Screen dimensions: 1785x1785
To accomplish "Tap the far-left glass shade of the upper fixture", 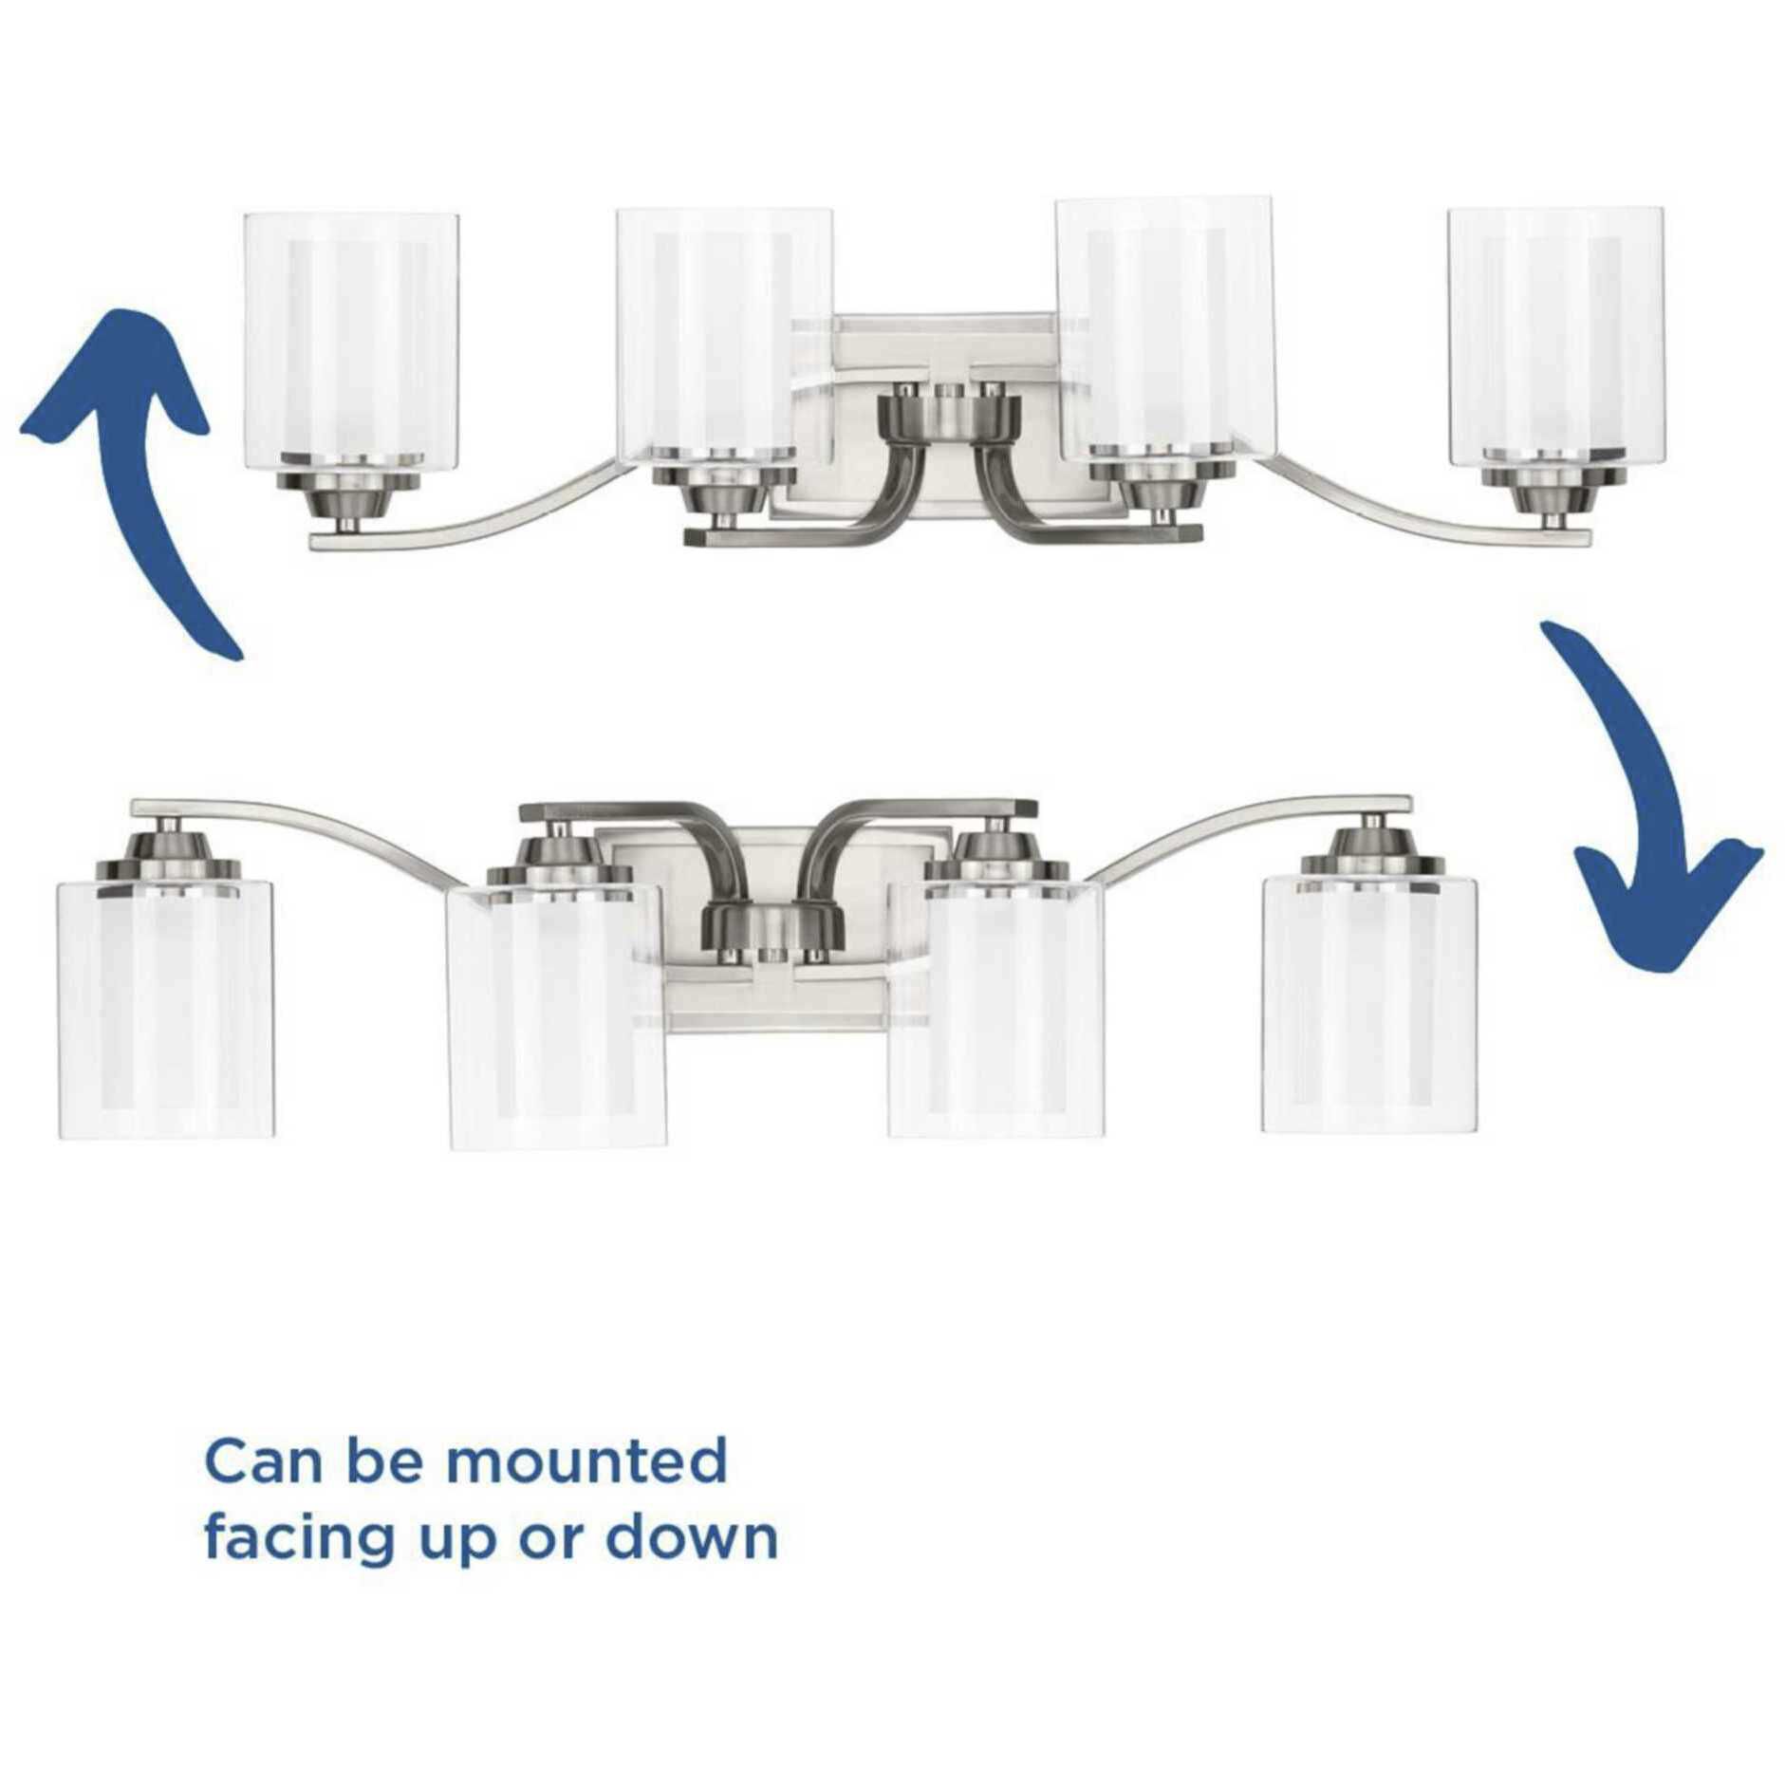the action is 352,341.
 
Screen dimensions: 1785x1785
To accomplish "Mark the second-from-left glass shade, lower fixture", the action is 557,1015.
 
